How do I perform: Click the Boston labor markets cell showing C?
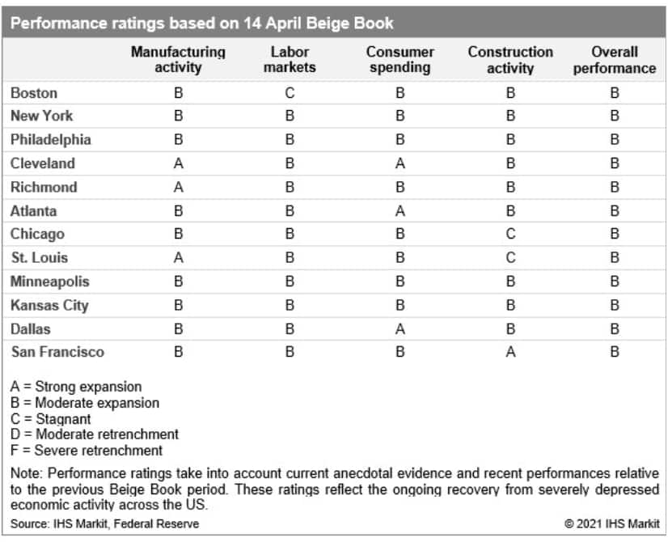pos(290,92)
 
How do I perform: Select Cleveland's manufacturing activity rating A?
pos(179,163)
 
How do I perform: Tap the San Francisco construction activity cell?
pos(510,352)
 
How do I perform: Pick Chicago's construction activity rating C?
pos(510,234)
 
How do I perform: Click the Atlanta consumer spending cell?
pos(400,210)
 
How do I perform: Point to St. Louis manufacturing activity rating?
pos(179,258)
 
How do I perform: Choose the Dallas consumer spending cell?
pos(400,328)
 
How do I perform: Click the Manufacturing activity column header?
pos(178,60)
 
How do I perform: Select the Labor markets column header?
pos(290,60)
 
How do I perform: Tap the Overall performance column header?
pos(615,60)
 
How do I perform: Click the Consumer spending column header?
pos(400,60)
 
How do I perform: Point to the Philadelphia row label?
pos(51,139)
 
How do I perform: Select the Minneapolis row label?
pos(50,282)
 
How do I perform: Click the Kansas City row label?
pos(49,305)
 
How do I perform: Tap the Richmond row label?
pos(44,187)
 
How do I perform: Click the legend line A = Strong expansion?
pos(76,387)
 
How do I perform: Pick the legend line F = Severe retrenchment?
pos(87,451)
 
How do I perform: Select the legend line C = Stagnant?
pos(51,419)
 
